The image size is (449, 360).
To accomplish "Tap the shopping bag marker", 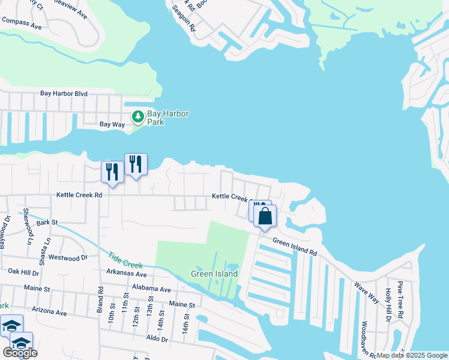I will tap(265, 216).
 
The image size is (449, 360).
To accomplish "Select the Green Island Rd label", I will tap(294, 246).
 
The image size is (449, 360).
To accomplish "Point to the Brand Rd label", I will tap(100, 302).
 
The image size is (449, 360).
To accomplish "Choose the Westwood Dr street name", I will tap(68, 258).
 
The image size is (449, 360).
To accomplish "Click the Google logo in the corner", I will tap(19, 353).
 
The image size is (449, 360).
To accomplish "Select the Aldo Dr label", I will tap(157, 339).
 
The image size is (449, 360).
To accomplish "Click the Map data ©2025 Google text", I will tap(412, 355).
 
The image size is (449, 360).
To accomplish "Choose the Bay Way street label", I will tap(112, 124).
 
